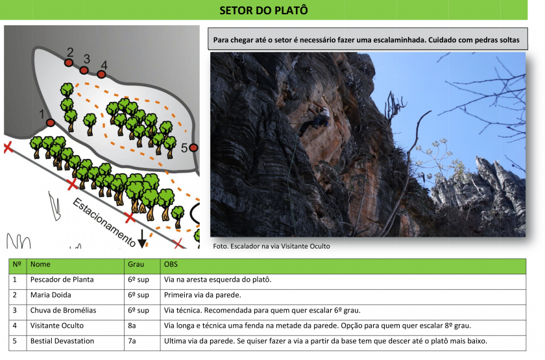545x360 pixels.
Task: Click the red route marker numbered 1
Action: tap(51, 123)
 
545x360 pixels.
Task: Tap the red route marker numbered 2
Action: tap(69, 63)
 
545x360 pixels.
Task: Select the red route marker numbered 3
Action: tap(84, 71)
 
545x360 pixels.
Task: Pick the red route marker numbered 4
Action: tap(101, 75)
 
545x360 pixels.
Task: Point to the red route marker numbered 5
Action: tap(194, 148)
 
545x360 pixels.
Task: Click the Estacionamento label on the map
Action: tap(104, 222)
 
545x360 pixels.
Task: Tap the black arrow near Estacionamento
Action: tap(142, 239)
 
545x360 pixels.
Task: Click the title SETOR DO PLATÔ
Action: tap(263, 10)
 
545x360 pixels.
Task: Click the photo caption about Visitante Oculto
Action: tap(271, 246)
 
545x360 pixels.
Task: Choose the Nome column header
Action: tap(40, 264)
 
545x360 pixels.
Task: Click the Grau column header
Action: tap(136, 264)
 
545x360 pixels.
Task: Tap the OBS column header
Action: tap(171, 264)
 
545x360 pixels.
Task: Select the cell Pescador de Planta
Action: tap(62, 280)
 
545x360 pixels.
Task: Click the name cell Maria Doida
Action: tap(51, 295)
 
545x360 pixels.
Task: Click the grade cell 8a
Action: tap(132, 326)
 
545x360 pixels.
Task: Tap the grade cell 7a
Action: tap(132, 341)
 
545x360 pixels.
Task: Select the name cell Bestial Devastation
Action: tap(62, 341)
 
